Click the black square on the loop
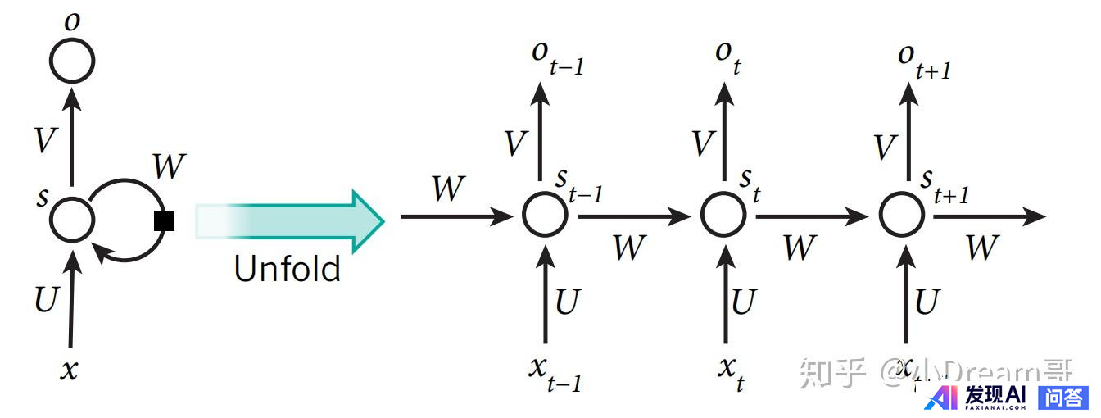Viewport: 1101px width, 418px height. pyautogui.click(x=165, y=220)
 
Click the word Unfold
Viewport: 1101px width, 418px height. pyautogui.click(x=287, y=268)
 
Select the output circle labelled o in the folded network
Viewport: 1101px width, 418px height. pyautogui.click(x=72, y=59)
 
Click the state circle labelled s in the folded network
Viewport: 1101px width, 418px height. pyautogui.click(x=72, y=218)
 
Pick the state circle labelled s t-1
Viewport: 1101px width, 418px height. pyautogui.click(x=545, y=216)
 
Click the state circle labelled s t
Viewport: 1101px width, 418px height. pyautogui.click(x=723, y=216)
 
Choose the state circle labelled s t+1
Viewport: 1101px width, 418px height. pyautogui.click(x=902, y=216)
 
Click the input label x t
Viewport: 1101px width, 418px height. pyautogui.click(x=732, y=373)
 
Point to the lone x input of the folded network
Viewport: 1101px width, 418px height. pyautogui.click(x=70, y=369)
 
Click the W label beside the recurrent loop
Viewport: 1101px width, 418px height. pyautogui.click(x=169, y=167)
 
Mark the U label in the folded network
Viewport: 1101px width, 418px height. pyautogui.click(x=47, y=300)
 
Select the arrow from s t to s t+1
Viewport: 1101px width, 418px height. pyautogui.click(x=811, y=216)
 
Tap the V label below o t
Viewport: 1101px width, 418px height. pyautogui.click(x=704, y=144)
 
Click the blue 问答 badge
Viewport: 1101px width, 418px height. pyautogui.click(x=1063, y=398)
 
